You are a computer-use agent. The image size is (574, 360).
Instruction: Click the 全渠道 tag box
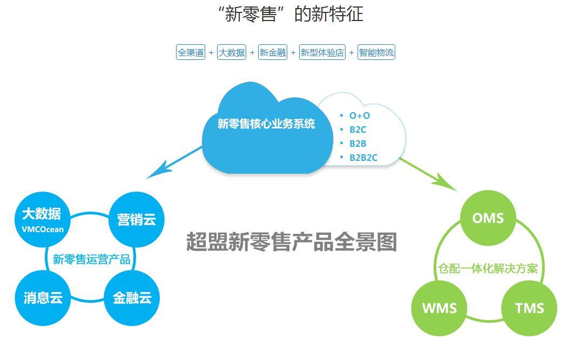(191, 52)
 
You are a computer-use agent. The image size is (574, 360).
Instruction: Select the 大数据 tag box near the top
(231, 52)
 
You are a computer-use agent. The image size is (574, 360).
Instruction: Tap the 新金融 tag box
(272, 52)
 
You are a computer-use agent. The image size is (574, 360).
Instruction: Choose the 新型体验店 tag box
(322, 52)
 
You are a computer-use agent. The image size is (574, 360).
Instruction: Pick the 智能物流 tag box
(376, 52)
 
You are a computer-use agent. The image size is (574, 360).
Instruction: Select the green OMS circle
(488, 218)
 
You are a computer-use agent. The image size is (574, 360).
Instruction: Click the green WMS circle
(440, 308)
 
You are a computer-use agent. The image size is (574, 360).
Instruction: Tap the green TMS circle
(529, 308)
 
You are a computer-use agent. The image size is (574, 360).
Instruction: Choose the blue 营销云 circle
(137, 220)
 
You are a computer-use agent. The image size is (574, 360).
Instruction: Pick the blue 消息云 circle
(43, 298)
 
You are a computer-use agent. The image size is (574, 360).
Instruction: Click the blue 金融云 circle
(132, 298)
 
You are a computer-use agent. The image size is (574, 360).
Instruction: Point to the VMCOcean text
(43, 229)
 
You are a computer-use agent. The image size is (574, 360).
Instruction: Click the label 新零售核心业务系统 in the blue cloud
(266, 124)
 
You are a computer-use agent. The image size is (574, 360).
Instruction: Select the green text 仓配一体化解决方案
(488, 268)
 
